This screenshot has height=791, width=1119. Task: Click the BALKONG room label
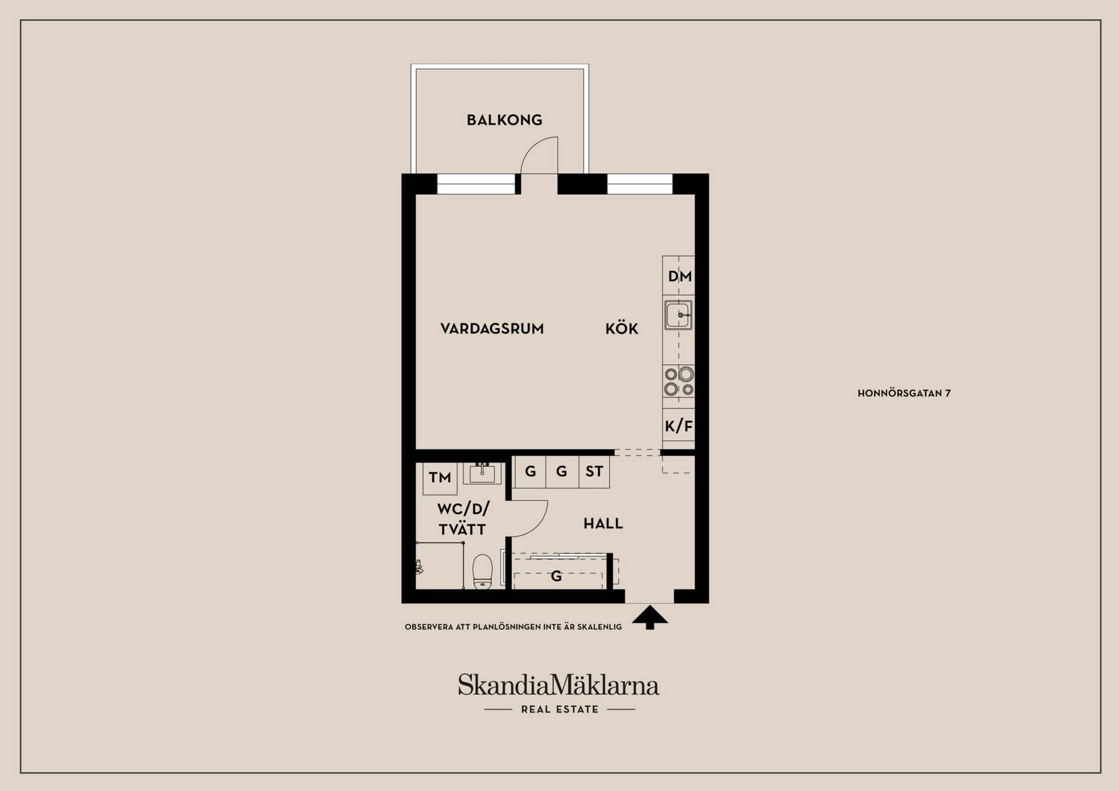pyautogui.click(x=504, y=120)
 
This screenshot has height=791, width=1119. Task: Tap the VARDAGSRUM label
pyautogui.click(x=492, y=329)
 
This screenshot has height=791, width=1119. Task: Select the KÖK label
pyautogui.click(x=621, y=328)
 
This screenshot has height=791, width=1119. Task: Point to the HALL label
pyautogui.click(x=603, y=523)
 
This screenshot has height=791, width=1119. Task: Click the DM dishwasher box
pyautogui.click(x=679, y=276)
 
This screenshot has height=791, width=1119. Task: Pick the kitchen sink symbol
pyautogui.click(x=678, y=315)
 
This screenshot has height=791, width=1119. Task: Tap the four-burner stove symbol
pyautogui.click(x=679, y=381)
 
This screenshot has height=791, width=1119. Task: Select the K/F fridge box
pyautogui.click(x=679, y=426)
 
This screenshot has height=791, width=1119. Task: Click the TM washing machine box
pyautogui.click(x=440, y=478)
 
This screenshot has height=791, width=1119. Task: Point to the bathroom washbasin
pyautogui.click(x=482, y=473)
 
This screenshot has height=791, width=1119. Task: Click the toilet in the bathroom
pyautogui.click(x=483, y=571)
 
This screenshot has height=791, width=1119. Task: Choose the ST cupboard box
pyautogui.click(x=594, y=472)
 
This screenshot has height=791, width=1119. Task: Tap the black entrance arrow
pyautogui.click(x=650, y=617)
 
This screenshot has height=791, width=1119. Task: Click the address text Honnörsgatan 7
pyautogui.click(x=904, y=393)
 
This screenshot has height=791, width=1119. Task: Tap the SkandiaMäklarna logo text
pyautogui.click(x=558, y=685)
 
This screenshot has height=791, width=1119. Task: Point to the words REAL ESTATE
pyautogui.click(x=559, y=709)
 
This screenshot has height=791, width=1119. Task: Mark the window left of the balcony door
pyautogui.click(x=476, y=184)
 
